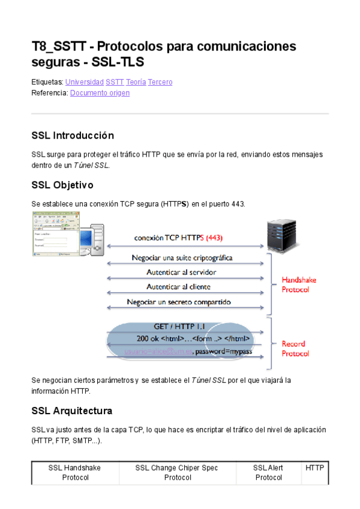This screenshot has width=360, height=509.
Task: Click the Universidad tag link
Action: pyautogui.click(x=84, y=82)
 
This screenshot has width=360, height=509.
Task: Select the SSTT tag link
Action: pyautogui.click(x=115, y=82)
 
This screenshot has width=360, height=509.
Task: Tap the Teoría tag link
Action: pyautogui.click(x=136, y=82)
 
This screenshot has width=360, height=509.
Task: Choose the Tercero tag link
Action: pyautogui.click(x=160, y=82)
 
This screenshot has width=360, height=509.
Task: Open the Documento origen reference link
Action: pyautogui.click(x=100, y=93)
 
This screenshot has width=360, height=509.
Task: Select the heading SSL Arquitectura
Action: pyautogui.click(x=71, y=411)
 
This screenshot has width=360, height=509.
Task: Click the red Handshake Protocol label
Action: pyautogui.click(x=299, y=285)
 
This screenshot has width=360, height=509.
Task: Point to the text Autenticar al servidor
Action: pyautogui.click(x=181, y=272)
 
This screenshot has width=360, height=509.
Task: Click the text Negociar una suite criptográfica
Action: pyautogui.click(x=182, y=258)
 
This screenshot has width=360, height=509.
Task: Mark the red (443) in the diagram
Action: pyautogui.click(x=214, y=238)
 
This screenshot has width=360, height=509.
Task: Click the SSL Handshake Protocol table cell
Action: pyautogui.click(x=76, y=472)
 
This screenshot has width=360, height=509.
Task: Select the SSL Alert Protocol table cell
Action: pyautogui.click(x=268, y=472)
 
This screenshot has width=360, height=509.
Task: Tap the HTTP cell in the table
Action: pyautogui.click(x=314, y=468)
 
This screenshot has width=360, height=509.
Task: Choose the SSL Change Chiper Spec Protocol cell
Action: pyautogui.click(x=177, y=472)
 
